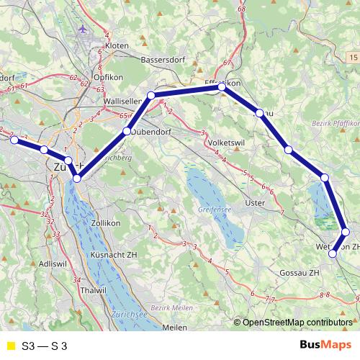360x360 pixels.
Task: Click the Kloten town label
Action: pyautogui.click(x=117, y=45)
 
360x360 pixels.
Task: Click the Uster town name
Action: pyautogui.click(x=256, y=204)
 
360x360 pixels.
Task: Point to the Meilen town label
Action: pyautogui.click(x=175, y=328)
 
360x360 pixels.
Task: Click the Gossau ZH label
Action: pyautogui.click(x=299, y=274)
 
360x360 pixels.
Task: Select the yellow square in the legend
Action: pyautogui.click(x=10, y=346)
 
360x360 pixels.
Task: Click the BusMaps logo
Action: pyautogui.click(x=325, y=346)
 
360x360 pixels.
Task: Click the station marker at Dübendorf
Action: pyautogui.click(x=126, y=132)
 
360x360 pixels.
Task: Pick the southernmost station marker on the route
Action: pyautogui.click(x=333, y=253)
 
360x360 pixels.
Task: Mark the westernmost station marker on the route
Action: pyautogui.click(x=14, y=140)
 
